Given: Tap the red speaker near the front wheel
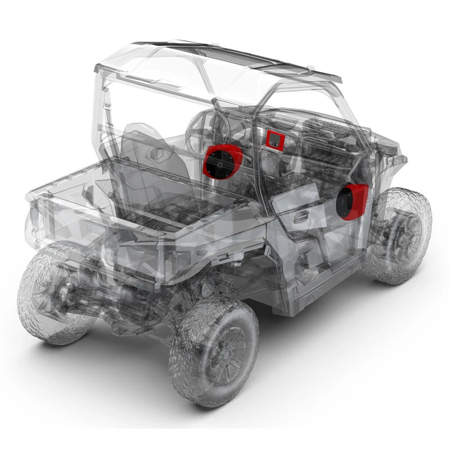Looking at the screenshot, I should [x=351, y=201].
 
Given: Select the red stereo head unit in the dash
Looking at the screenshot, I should [x=274, y=139].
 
